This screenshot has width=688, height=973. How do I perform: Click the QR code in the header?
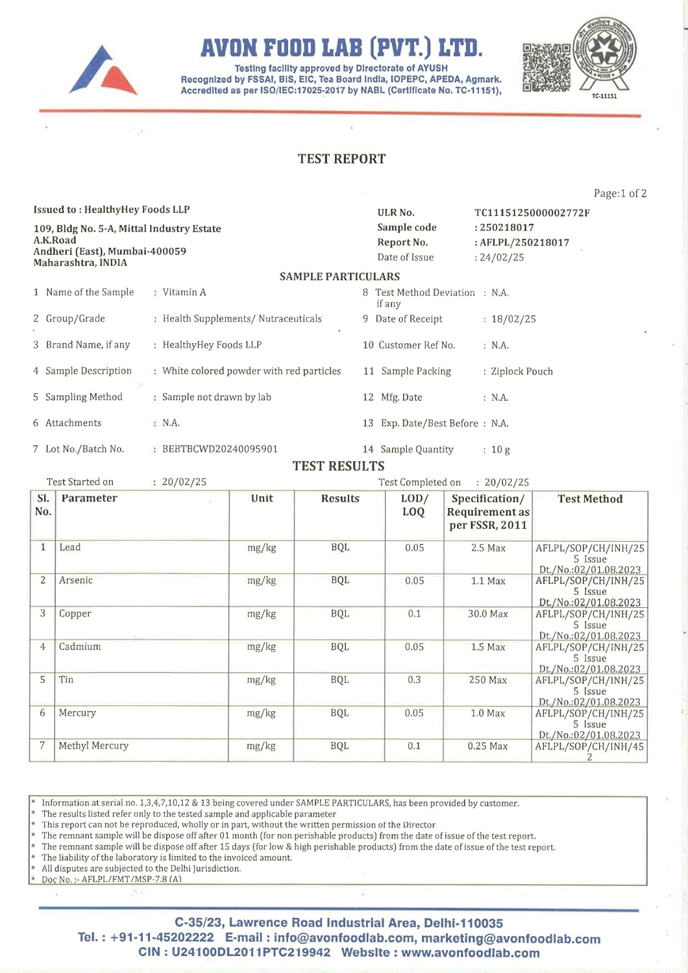pos(547,67)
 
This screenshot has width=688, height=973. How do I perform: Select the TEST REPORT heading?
pos(341,159)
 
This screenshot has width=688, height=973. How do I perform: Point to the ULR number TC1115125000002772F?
pos(532,213)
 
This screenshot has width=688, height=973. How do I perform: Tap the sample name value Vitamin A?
pos(184,293)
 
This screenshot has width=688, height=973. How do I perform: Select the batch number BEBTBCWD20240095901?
pos(220,449)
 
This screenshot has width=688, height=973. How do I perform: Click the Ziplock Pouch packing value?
pos(522,372)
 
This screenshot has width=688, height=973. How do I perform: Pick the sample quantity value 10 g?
pos(500,450)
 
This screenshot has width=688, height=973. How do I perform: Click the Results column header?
pos(340,499)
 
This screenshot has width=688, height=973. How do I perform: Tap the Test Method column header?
pos(590,499)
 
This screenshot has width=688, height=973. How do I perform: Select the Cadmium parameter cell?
pos(80,647)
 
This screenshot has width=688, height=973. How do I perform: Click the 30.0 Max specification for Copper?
pos(488,614)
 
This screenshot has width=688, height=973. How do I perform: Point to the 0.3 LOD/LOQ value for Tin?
pos(414,680)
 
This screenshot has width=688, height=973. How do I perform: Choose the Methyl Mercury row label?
pos(93,746)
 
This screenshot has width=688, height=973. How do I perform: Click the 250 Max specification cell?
pos(488,680)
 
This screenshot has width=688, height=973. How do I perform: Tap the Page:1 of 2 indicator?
pos(620,193)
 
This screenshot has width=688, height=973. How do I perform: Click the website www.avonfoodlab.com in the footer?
pos(471,953)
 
